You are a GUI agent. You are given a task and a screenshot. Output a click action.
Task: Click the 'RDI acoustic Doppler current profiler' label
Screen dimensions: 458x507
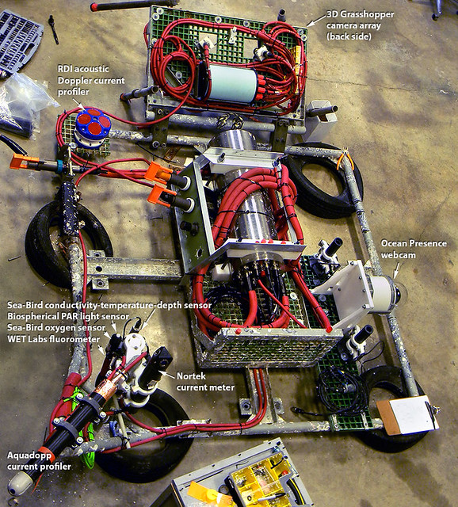(91, 80)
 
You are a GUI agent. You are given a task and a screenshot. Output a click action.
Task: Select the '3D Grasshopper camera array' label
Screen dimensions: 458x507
(361, 25)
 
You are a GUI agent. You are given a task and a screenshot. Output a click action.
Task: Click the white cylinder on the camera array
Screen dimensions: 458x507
(232, 84)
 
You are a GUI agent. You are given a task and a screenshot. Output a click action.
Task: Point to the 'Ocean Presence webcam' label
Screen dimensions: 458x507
(414, 249)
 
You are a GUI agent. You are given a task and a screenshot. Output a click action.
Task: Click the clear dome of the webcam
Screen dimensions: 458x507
(400, 292)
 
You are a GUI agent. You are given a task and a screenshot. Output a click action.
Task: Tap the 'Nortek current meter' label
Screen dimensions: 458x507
(205, 382)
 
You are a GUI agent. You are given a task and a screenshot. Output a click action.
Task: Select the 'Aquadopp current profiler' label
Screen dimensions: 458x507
(39, 461)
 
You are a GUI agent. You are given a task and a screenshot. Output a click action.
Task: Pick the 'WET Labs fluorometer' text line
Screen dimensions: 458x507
(54, 339)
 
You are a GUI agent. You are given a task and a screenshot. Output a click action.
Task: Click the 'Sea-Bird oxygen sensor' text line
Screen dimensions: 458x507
(56, 327)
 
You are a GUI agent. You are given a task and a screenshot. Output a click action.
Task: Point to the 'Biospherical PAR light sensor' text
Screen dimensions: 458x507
(68, 316)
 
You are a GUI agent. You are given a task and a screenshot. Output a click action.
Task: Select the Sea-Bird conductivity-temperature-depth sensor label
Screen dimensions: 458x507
(109, 305)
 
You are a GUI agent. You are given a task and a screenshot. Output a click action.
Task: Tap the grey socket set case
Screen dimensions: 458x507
(19, 42)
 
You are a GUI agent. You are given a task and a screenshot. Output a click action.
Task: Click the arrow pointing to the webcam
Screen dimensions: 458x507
(396, 269)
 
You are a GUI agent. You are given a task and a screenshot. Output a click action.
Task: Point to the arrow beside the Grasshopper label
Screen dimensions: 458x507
(316, 20)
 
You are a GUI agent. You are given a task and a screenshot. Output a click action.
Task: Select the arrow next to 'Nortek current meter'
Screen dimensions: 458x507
(167, 375)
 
